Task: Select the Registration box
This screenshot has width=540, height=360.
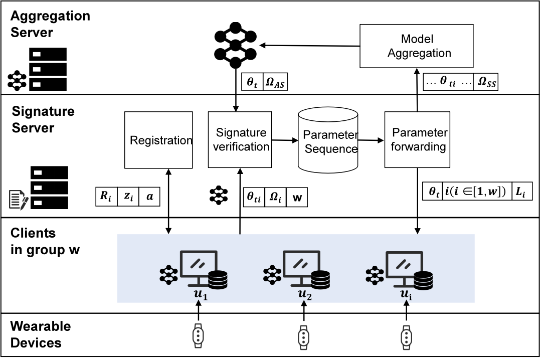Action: coord(158,140)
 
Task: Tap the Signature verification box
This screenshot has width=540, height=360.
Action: coord(241,140)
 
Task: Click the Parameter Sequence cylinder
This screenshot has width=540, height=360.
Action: coord(328,140)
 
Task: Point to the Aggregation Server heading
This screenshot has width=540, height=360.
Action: coord(50,24)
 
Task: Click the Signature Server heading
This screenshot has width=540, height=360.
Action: coord(43,119)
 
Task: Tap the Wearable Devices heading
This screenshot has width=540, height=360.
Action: coord(41,335)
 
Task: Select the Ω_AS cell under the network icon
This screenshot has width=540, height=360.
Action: coord(275,82)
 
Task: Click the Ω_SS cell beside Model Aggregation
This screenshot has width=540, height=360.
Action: coord(485,82)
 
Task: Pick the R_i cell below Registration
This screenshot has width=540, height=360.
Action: coord(106,197)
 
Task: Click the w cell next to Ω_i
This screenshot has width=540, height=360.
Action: coord(297,197)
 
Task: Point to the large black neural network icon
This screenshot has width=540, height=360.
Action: coord(235,46)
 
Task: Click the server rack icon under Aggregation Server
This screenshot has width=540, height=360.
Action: coord(48,69)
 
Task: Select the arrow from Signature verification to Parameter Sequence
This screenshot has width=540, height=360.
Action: coord(284,141)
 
